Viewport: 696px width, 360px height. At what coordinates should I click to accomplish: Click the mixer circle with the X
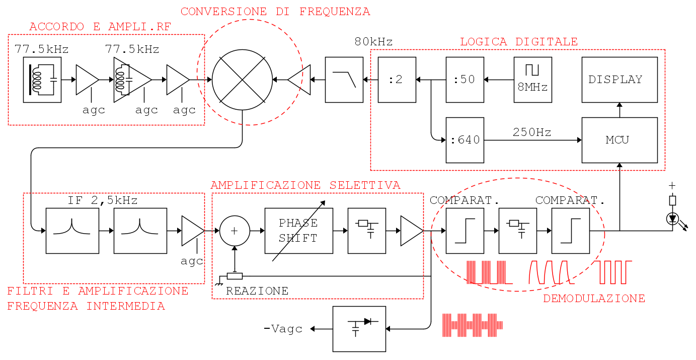point(243,80)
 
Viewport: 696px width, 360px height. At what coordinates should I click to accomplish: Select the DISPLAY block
point(620,80)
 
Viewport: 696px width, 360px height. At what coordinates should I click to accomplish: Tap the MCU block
point(620,140)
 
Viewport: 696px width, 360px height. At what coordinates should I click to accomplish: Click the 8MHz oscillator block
point(532,80)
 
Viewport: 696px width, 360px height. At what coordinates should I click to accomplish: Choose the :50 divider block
point(465,80)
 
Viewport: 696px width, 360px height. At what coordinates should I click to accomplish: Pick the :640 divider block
point(465,140)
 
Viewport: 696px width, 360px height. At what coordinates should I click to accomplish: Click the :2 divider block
point(397,80)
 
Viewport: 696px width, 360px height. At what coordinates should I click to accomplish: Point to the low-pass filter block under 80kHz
point(344,80)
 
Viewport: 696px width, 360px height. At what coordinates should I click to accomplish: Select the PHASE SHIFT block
point(298,231)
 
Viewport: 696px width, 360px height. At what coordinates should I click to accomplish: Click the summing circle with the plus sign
point(235,231)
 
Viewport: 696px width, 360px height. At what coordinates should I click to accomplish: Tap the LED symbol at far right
point(672,219)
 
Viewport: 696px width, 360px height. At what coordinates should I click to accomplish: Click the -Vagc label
point(283,329)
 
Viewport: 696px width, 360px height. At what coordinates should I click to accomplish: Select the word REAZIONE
point(257,291)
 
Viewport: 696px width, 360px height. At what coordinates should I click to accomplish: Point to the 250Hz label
point(532,133)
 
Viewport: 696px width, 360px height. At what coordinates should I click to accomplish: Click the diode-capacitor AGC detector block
point(359,329)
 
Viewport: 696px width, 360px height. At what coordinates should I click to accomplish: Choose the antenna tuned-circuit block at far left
point(42,80)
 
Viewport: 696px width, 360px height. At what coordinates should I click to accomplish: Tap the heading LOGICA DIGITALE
point(518,42)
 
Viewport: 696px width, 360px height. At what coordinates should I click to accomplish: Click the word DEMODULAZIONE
point(594,299)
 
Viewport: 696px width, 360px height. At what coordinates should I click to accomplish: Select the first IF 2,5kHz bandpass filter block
point(72,231)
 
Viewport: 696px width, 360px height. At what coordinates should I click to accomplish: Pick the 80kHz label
point(373,42)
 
